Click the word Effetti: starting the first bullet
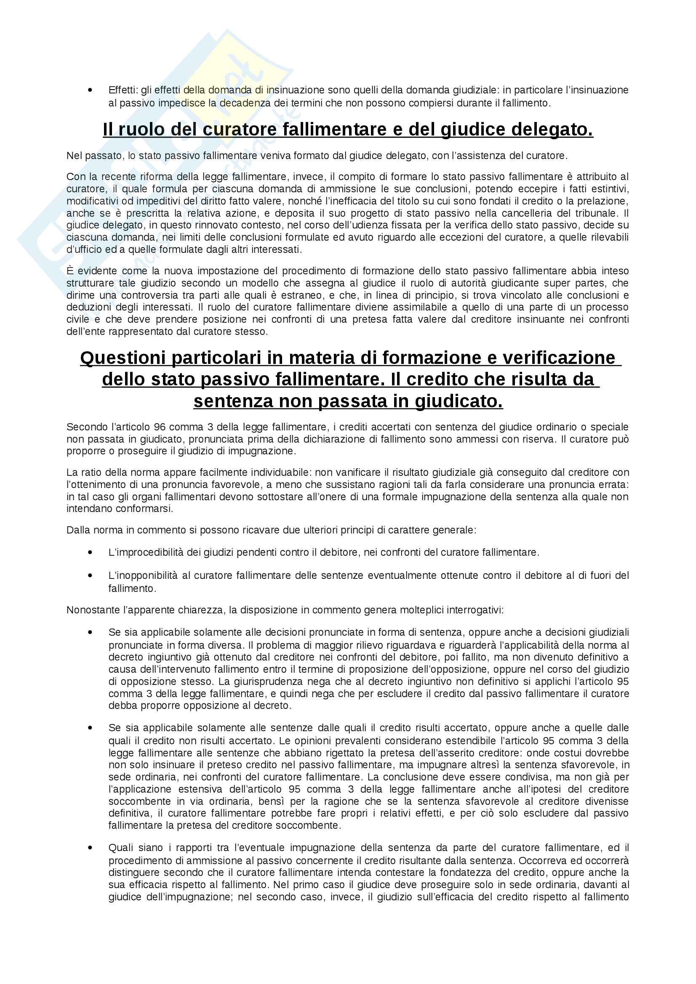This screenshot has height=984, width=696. pos(122,90)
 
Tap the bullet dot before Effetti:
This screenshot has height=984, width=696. pos(90,90)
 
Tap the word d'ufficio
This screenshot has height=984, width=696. pos(85,249)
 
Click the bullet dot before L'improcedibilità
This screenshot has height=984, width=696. pos(90,552)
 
